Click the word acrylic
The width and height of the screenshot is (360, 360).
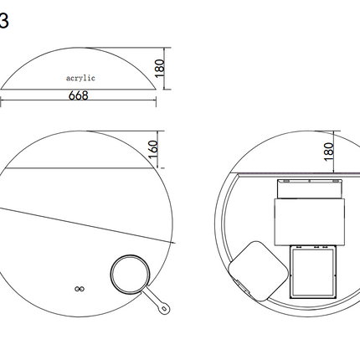click(80, 78)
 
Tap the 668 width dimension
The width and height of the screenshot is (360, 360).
click(79, 95)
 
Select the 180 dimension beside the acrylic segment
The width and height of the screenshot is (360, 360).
click(159, 69)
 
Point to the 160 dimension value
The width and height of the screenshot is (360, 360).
click(153, 149)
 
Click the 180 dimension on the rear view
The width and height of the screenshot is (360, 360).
click(329, 152)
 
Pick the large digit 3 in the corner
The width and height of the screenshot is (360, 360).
click(4, 21)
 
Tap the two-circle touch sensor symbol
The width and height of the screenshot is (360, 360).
click(80, 289)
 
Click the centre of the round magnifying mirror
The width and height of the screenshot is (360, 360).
click(130, 274)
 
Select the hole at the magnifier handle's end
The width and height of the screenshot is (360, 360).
click(164, 308)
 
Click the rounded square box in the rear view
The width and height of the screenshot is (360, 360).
click(258, 271)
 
